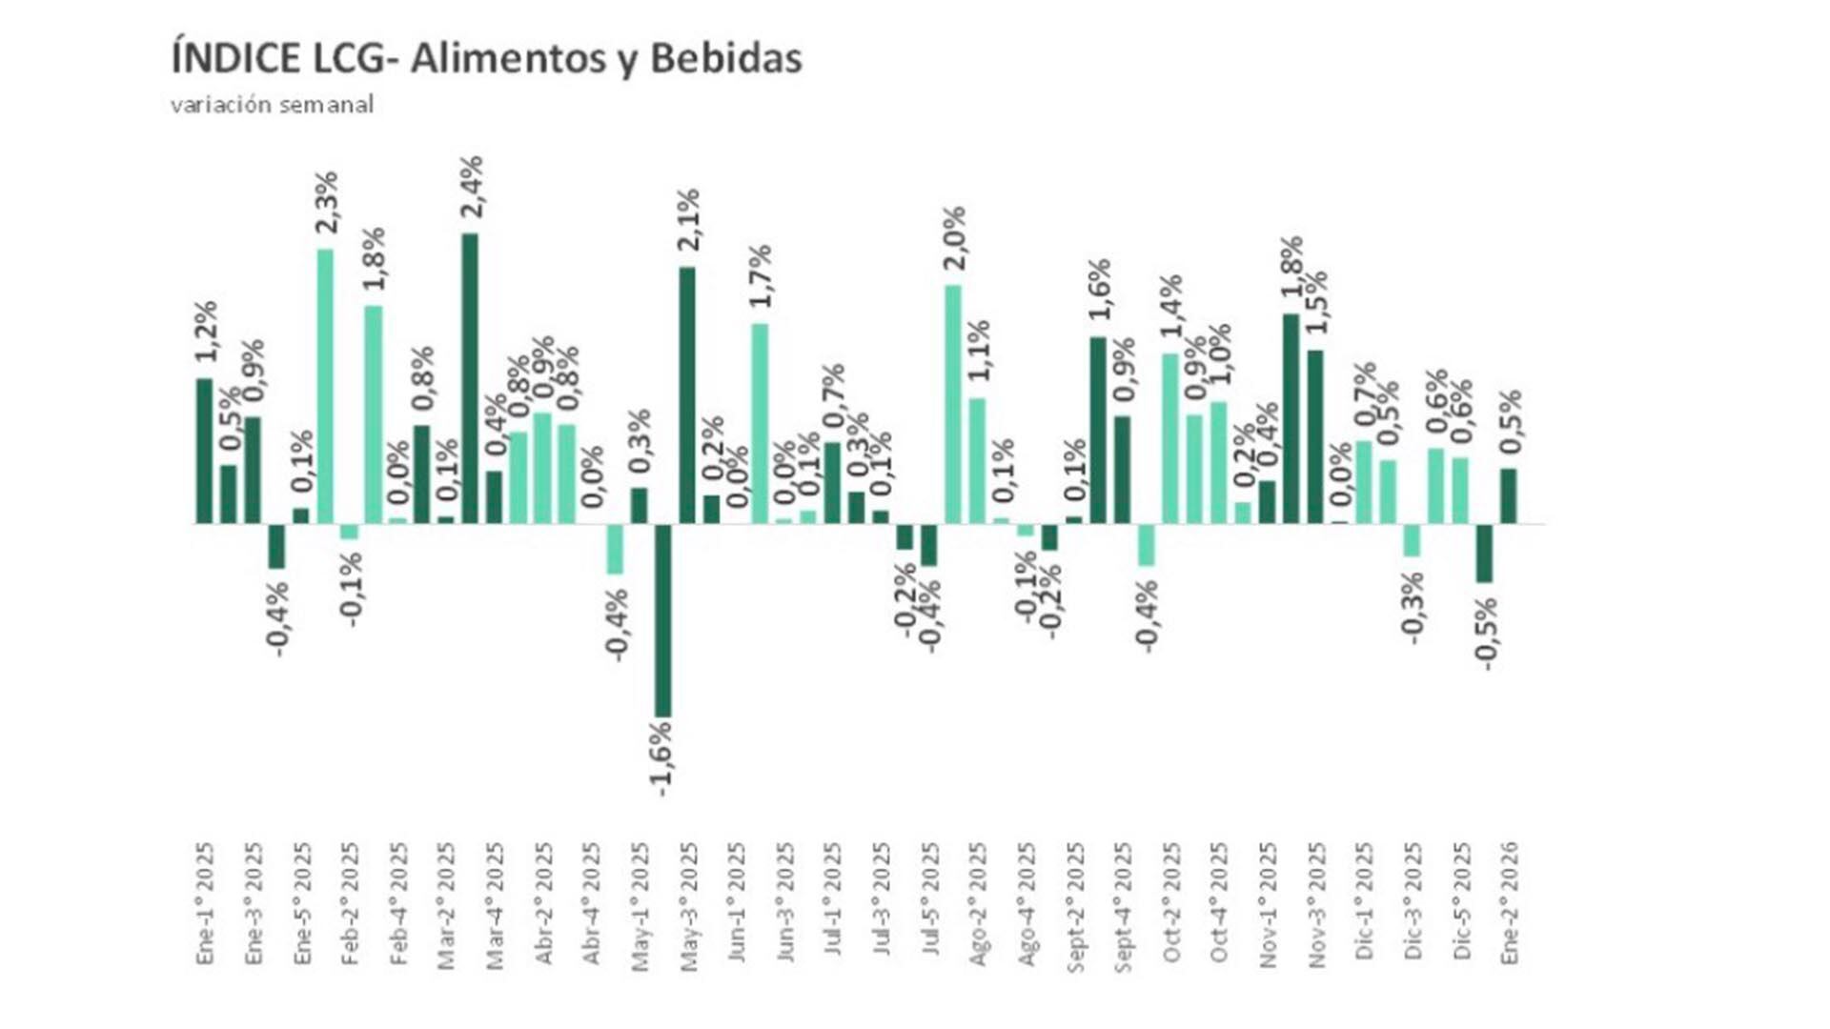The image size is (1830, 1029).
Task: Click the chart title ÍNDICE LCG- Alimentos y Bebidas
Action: pos(486,59)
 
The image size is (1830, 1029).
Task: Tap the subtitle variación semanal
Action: pos(272,105)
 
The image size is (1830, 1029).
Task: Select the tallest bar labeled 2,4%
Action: pos(470,377)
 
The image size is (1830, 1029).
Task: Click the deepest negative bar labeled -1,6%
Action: pos(662,619)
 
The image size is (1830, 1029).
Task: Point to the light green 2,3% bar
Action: pos(325,386)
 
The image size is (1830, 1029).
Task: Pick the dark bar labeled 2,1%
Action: pos(687,394)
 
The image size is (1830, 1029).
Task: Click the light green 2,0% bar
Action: pos(952,404)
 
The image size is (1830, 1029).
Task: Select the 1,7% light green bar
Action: pos(760,423)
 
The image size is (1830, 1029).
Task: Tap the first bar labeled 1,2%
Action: pos(204,451)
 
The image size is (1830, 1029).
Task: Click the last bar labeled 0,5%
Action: pos(1508,495)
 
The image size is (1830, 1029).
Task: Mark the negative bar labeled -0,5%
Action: pos(1484,553)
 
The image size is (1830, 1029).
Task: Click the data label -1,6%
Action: pos(661,759)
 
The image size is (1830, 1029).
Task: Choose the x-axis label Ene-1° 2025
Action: pos(205,903)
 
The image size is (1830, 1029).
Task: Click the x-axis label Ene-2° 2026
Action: pos(1509,903)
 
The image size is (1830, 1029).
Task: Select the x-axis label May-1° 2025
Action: pos(640,905)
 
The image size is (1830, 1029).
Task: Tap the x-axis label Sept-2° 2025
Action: pos(1075,905)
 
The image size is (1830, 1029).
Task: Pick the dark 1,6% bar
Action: pos(1098,430)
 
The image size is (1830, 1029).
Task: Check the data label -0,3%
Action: pos(1413,608)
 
